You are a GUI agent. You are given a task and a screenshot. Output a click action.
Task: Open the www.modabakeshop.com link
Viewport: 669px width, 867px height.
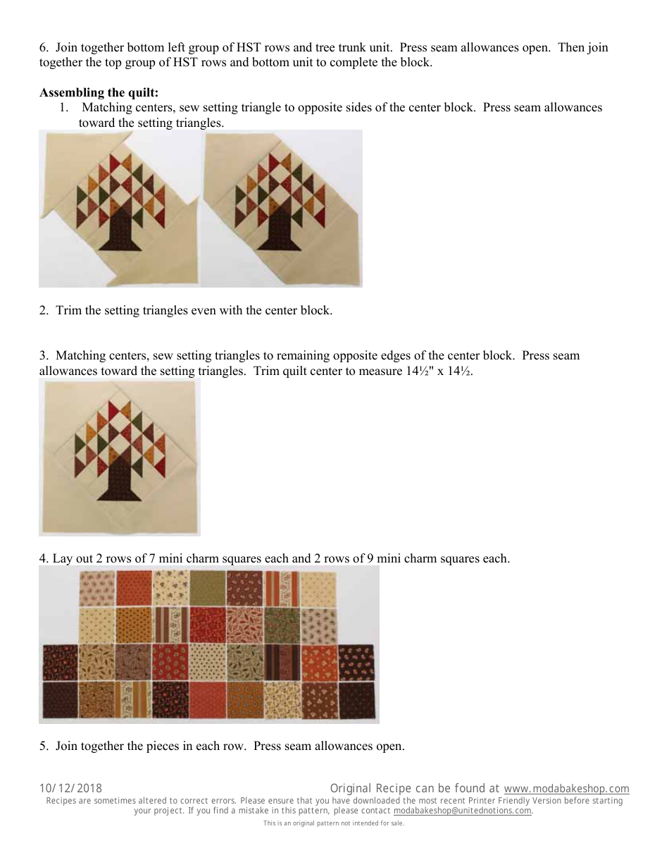click(x=566, y=789)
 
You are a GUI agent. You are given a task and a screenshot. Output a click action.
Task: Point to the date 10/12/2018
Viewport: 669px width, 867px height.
click(x=70, y=789)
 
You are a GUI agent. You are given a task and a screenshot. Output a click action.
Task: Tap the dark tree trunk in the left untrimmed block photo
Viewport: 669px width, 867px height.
click(x=120, y=233)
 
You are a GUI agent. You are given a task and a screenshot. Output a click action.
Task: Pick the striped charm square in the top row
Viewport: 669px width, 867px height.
click(x=280, y=588)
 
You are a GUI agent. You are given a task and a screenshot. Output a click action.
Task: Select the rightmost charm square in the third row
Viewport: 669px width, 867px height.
click(x=356, y=662)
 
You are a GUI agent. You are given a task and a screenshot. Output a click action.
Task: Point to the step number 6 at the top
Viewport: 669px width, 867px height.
click(x=44, y=48)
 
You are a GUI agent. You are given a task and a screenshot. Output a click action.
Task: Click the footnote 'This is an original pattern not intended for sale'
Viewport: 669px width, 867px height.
click(x=334, y=823)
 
